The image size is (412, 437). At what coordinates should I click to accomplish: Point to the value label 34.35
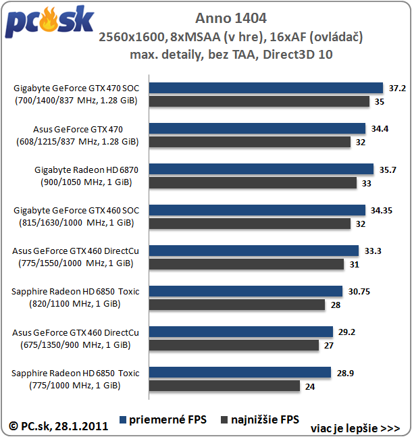tap(384, 210)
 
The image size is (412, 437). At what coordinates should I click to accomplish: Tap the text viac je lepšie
tap(355, 428)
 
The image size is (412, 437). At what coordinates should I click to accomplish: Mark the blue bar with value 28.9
tap(240, 372)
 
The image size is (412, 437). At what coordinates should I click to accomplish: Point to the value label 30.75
tap(361, 291)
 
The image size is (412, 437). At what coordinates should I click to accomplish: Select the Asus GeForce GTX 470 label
tap(78, 129)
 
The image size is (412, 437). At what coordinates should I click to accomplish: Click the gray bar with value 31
tap(247, 264)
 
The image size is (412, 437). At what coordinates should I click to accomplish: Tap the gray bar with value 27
tap(234, 345)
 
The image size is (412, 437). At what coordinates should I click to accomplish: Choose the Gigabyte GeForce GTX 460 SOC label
tap(76, 210)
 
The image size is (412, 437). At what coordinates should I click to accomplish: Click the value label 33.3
tap(373, 251)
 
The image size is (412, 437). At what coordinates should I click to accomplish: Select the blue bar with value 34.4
tap(257, 128)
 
